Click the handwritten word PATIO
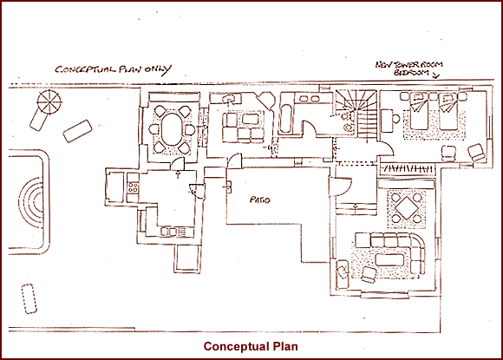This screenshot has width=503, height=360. tap(260, 200)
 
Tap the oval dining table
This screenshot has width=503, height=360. tap(172, 129)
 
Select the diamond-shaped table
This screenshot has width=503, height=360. tap(407, 208)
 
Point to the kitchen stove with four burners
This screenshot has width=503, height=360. tap(133, 187)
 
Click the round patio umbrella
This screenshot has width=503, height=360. tap(49, 102)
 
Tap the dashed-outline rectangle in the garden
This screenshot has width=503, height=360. tap(29, 298)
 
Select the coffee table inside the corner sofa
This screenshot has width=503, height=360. tap(391, 260)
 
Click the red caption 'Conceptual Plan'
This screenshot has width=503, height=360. tap(251, 346)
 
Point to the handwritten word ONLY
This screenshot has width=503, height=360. tap(158, 69)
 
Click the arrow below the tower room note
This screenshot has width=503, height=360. tap(435, 75)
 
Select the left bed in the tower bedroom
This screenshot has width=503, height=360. tap(419, 111)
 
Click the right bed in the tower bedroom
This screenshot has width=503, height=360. tap(447, 111)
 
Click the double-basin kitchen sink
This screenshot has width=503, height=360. tap(169, 231)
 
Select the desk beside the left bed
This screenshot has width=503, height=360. tap(387, 121)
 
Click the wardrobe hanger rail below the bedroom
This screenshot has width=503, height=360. tap(408, 168)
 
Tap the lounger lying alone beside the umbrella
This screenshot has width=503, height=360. tap(78, 131)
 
